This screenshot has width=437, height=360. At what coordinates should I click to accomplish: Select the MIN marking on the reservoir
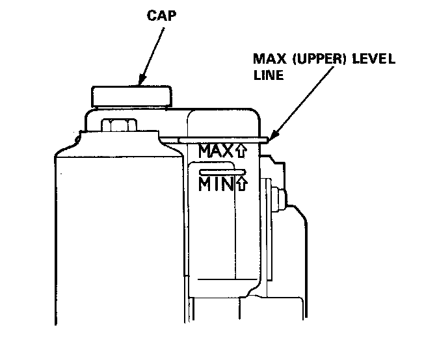pyautogui.click(x=215, y=184)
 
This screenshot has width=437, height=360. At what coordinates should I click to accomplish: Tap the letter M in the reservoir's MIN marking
pyautogui.click(x=206, y=184)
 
